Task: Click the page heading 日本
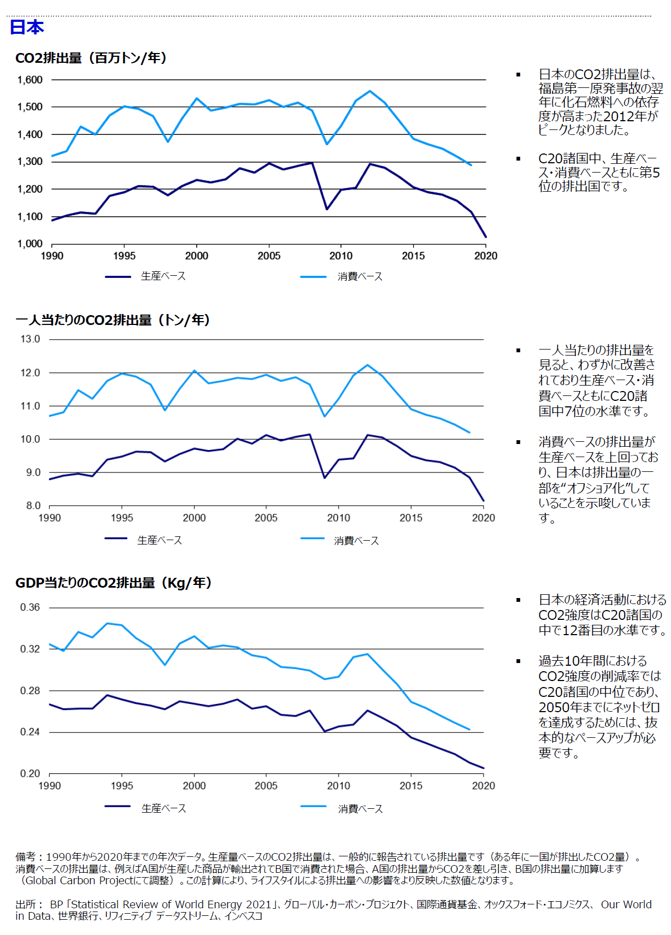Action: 27,27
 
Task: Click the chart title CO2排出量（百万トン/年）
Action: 91,58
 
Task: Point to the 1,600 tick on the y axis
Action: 30,80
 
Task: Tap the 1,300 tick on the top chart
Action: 30,162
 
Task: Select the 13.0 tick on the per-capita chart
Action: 31,339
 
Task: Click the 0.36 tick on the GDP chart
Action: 30,607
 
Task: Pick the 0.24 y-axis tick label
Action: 30,732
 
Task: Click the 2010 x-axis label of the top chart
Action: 341,256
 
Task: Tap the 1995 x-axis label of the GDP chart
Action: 122,786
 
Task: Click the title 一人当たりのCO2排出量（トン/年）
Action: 113,320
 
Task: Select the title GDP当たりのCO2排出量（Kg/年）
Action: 113,583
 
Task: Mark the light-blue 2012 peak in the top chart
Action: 370,91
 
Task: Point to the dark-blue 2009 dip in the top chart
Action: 327,209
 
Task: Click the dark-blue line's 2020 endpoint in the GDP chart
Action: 484,768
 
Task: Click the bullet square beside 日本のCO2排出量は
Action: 519,74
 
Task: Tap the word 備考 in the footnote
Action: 25,857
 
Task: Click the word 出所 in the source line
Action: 25,904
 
